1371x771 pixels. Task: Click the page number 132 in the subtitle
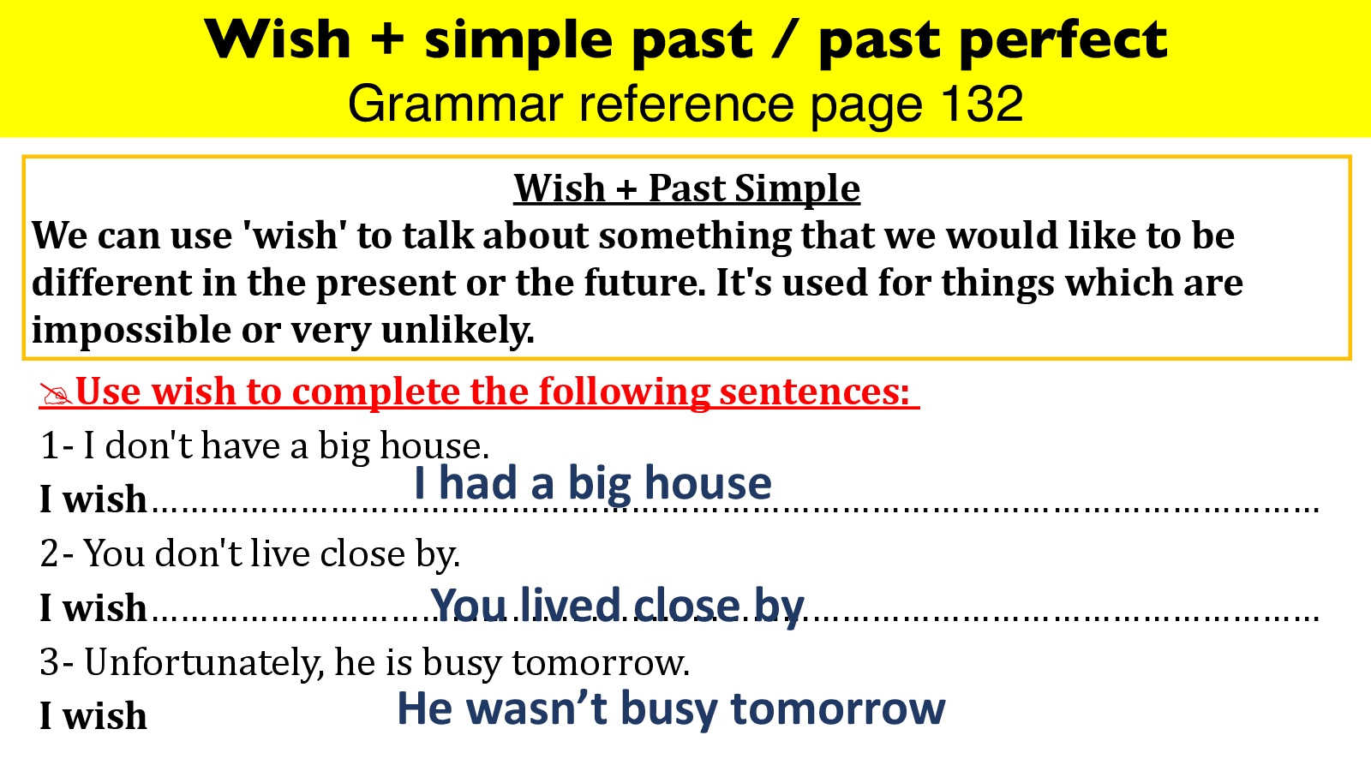coord(981,103)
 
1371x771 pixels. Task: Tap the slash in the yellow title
coord(785,39)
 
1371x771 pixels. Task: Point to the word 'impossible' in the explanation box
coord(132,330)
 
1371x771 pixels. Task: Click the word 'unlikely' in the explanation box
coord(458,330)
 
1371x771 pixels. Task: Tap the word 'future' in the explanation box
coord(645,283)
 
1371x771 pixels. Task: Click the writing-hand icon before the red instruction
coord(56,393)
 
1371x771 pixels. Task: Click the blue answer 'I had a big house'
coord(592,483)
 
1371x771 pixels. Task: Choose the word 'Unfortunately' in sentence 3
coord(205,663)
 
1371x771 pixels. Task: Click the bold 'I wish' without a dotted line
coord(93,715)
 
